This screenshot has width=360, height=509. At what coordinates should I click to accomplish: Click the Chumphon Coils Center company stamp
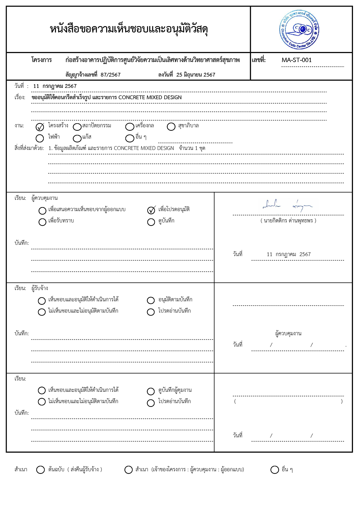pos(299,30)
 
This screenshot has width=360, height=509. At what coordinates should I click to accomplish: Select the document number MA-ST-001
pos(296,60)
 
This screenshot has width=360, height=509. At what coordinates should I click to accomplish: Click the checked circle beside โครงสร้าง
pos(40,127)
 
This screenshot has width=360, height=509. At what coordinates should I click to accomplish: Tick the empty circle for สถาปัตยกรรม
pos(77,127)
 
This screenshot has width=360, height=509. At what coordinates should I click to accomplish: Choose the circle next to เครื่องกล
pos(130,127)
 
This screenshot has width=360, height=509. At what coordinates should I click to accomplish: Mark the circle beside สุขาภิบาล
pos(171,127)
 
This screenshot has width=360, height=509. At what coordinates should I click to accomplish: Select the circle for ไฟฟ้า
pos(40,138)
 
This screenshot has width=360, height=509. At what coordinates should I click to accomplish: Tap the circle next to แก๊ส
pos(77,138)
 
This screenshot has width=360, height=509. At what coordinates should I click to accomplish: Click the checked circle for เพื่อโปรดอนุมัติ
pos(151,210)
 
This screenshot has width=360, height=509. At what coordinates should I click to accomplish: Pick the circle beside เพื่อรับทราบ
pos(42,222)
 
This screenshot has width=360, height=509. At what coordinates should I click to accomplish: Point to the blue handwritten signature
pos(287,205)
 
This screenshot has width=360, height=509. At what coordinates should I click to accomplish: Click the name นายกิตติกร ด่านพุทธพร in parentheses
pos(288,220)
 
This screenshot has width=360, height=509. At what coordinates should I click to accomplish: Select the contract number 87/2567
pos(111,75)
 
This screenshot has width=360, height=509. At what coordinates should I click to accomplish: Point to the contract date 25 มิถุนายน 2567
pos(196,75)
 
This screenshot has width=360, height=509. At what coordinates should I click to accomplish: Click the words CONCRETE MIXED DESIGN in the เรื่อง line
pos(150,97)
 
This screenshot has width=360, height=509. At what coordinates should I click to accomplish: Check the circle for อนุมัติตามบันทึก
pos(151,300)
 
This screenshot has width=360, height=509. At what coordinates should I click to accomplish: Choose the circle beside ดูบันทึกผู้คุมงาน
pos(151,391)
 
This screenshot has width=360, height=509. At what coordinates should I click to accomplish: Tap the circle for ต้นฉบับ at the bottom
pos(40,470)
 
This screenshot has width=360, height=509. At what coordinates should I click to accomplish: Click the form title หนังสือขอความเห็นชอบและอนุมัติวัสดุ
pos(129,29)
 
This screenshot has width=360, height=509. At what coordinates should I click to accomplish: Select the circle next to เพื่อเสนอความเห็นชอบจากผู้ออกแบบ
pos(42,211)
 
